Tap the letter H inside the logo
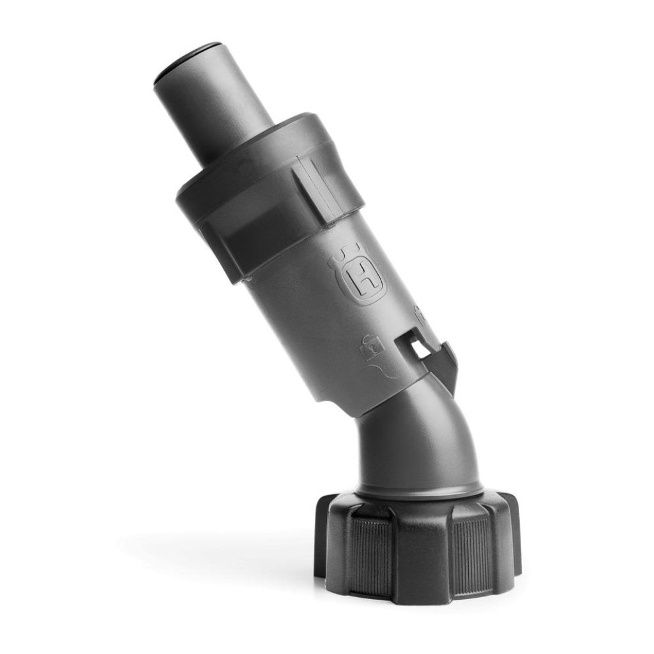tap(361, 280)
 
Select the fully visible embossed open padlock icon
tap(372, 347)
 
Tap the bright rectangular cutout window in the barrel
tap(420, 348)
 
